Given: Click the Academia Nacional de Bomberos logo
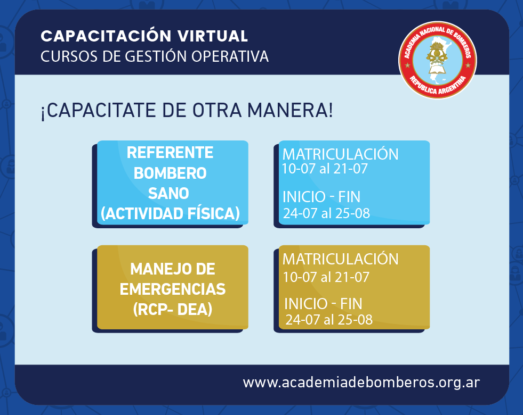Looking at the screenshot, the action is click(437, 60).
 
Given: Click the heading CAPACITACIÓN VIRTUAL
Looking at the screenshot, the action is click(144, 36).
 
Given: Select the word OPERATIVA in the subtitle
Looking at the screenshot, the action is click(230, 56).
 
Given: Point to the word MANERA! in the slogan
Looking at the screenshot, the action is click(290, 110).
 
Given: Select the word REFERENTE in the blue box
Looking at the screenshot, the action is click(170, 153).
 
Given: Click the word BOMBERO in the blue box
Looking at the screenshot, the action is click(170, 173).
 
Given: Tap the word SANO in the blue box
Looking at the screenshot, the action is click(168, 193).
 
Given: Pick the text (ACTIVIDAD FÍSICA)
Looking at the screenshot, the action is click(170, 213).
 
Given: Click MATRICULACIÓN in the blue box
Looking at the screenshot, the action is click(340, 154).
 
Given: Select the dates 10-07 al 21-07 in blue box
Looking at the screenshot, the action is click(325, 169).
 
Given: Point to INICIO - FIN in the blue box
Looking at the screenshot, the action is click(321, 197).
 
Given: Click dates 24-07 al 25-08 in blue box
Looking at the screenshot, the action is click(326, 213).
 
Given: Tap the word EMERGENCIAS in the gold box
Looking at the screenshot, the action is click(173, 289).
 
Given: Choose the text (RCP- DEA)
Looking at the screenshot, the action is click(173, 310).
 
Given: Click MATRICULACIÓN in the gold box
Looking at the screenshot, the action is click(340, 259).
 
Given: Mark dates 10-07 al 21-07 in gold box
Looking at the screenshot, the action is click(326, 277).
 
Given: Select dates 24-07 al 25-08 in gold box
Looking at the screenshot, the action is click(329, 320).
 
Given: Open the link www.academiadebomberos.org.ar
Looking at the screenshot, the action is click(361, 383).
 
